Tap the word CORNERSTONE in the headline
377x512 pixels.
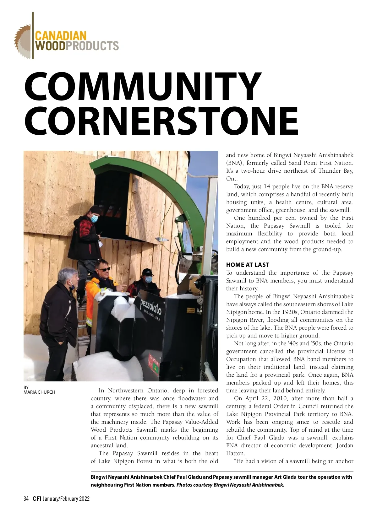pos(161,121)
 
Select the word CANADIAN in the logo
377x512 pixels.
pos(61,35)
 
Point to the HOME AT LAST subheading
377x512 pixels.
pos(248,265)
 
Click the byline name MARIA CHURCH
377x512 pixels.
pos(39,392)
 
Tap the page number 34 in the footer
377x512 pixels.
pos(26,499)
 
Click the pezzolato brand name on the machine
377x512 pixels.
pos(150,306)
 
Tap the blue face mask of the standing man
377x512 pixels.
pos(94,218)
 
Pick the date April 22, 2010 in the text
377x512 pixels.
pos(260,398)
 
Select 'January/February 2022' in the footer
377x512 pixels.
pos(66,499)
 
